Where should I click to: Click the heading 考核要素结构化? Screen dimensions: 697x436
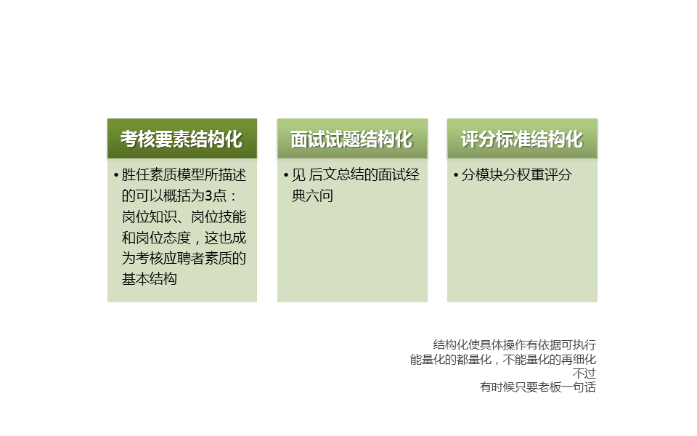(x=182, y=140)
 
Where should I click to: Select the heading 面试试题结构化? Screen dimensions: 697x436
(x=352, y=140)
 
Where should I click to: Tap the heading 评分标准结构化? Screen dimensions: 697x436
(x=522, y=140)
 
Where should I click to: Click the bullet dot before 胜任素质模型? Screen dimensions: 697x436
(x=116, y=175)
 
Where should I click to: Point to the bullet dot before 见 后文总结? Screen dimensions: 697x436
(x=286, y=175)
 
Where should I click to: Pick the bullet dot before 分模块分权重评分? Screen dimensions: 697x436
(x=456, y=175)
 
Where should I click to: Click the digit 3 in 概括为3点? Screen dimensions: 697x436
(x=208, y=195)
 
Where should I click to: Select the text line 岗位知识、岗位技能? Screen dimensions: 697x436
(x=184, y=217)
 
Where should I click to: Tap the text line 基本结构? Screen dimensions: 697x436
(x=150, y=279)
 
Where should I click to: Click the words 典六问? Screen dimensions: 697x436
(x=312, y=195)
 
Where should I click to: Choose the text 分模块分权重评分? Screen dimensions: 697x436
(x=516, y=175)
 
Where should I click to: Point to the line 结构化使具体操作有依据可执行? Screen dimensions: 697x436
(x=514, y=344)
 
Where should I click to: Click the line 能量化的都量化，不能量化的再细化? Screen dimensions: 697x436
(x=502, y=359)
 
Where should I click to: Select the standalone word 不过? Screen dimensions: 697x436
(x=584, y=373)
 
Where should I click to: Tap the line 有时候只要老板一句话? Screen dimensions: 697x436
(x=538, y=387)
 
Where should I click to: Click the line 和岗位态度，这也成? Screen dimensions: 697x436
(x=184, y=238)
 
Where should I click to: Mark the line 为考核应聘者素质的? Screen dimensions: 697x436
(x=184, y=258)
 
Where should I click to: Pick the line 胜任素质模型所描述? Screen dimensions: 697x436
(x=184, y=175)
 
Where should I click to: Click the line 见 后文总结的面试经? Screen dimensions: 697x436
(x=356, y=175)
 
